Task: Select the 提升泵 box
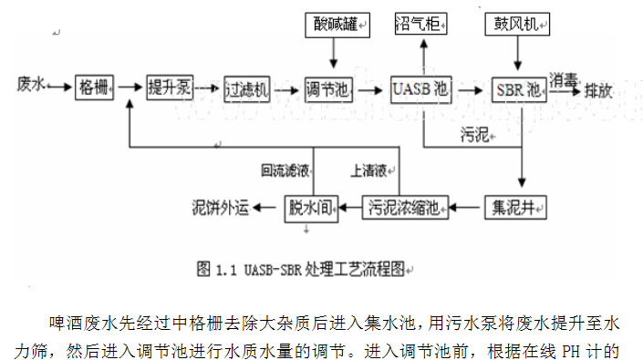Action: click(x=170, y=88)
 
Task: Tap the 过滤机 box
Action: click(x=247, y=88)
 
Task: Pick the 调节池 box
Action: click(x=327, y=89)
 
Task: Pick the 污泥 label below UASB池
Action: click(x=475, y=137)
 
